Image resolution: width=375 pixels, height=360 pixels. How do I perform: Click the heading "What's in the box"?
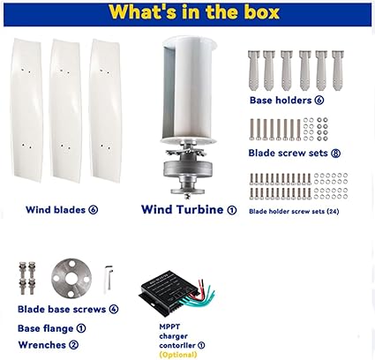point(194,12)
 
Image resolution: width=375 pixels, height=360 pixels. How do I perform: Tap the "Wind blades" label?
point(56,210)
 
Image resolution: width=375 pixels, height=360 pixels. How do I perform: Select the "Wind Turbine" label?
point(183,209)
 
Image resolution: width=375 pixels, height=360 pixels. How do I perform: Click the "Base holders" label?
point(281,101)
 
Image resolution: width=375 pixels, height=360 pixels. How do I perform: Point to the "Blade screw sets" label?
point(288,153)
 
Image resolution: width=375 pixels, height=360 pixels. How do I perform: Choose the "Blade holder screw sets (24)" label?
point(294,211)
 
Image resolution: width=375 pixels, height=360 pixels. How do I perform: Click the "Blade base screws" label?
point(62,309)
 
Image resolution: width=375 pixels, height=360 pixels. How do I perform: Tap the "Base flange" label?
point(45,328)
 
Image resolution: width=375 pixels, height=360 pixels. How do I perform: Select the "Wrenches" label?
point(41,345)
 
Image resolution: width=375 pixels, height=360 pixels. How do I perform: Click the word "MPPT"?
point(169,326)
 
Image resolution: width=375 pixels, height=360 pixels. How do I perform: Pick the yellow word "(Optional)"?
point(178,355)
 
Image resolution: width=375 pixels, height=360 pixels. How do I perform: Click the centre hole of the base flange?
point(71,278)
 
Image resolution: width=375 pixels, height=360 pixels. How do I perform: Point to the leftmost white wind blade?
point(26,110)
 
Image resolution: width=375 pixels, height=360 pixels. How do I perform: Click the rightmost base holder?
point(338,71)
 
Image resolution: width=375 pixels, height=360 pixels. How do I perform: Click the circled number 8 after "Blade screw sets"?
point(335,154)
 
